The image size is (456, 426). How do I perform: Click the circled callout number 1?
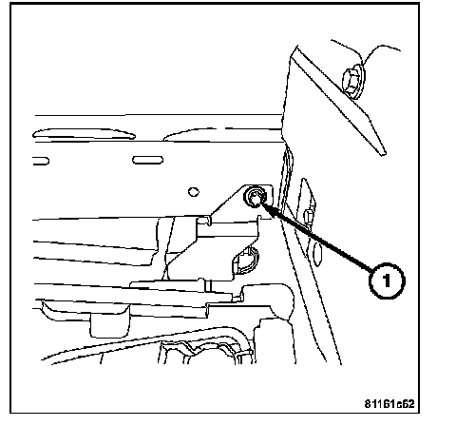click(x=387, y=281)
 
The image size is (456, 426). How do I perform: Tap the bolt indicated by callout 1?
click(x=255, y=197)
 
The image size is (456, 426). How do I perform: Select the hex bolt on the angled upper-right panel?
click(x=352, y=82)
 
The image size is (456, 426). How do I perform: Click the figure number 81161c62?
click(x=389, y=404)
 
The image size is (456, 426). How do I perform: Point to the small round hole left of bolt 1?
click(x=194, y=192)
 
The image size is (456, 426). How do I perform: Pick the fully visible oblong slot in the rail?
click(x=147, y=160)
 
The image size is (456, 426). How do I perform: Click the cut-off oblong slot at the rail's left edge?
click(x=41, y=161)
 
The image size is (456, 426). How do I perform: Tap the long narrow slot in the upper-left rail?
click(x=84, y=134)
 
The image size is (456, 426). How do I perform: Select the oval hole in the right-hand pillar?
click(x=317, y=254)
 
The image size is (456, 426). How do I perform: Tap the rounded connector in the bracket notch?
click(x=246, y=261)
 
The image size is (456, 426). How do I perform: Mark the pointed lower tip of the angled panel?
click(x=385, y=154)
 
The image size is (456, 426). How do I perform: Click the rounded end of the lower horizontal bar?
click(x=284, y=300)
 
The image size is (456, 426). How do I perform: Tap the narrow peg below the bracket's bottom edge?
click(x=208, y=286)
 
